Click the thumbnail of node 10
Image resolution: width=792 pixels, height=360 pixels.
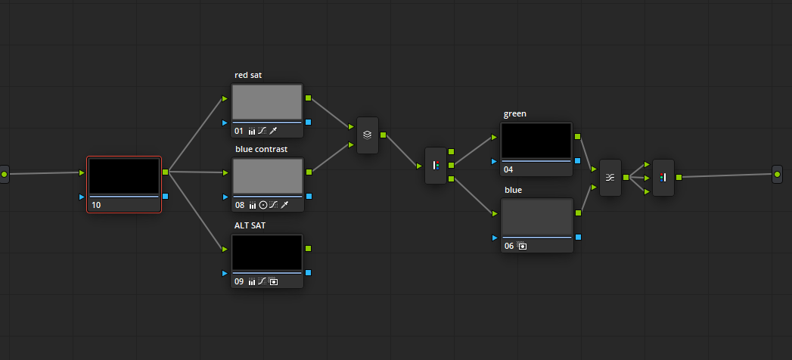click(124, 176)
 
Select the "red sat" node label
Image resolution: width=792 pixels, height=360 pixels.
click(248, 75)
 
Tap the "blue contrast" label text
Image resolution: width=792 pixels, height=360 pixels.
click(261, 150)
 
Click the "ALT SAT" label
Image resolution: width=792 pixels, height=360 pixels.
click(250, 225)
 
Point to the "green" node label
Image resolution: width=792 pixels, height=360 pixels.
click(514, 114)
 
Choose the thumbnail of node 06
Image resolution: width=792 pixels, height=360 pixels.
click(537, 216)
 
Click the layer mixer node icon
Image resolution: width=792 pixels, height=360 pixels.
click(367, 135)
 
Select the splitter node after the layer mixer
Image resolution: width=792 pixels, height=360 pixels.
click(436, 166)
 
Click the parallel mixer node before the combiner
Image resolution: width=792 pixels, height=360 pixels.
click(610, 178)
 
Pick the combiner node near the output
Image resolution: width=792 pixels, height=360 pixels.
click(663, 178)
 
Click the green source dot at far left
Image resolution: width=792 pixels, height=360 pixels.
click(4, 174)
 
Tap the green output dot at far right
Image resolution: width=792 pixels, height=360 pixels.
click(778, 174)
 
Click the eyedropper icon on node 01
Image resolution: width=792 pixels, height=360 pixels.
click(273, 132)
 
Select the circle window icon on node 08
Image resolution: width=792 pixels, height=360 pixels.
click(263, 206)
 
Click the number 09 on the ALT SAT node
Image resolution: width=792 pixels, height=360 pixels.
click(239, 282)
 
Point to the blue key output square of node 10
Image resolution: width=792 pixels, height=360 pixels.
click(165, 197)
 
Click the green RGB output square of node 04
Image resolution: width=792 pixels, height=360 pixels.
click(577, 136)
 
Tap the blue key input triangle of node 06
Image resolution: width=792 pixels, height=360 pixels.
click(495, 237)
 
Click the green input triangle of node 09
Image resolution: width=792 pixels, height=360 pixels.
click(225, 249)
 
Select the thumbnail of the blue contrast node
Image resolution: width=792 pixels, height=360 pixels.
click(268, 176)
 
